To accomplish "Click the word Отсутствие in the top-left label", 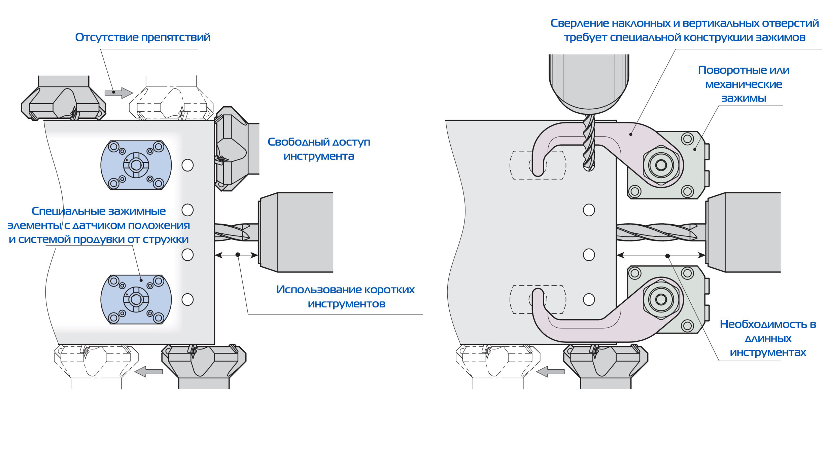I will point(106,37).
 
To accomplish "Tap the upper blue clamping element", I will point(136,165).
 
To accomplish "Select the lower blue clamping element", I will point(136,299).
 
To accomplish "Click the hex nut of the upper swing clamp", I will point(661,165).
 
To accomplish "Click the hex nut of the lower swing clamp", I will point(661,299).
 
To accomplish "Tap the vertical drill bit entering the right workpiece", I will point(589,143).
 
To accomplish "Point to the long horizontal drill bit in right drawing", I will point(660,232).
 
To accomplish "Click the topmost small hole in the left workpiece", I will point(187,165).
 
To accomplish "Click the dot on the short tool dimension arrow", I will point(238,255).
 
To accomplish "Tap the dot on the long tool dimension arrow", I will point(667,256).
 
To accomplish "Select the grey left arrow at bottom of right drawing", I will point(550,372).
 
